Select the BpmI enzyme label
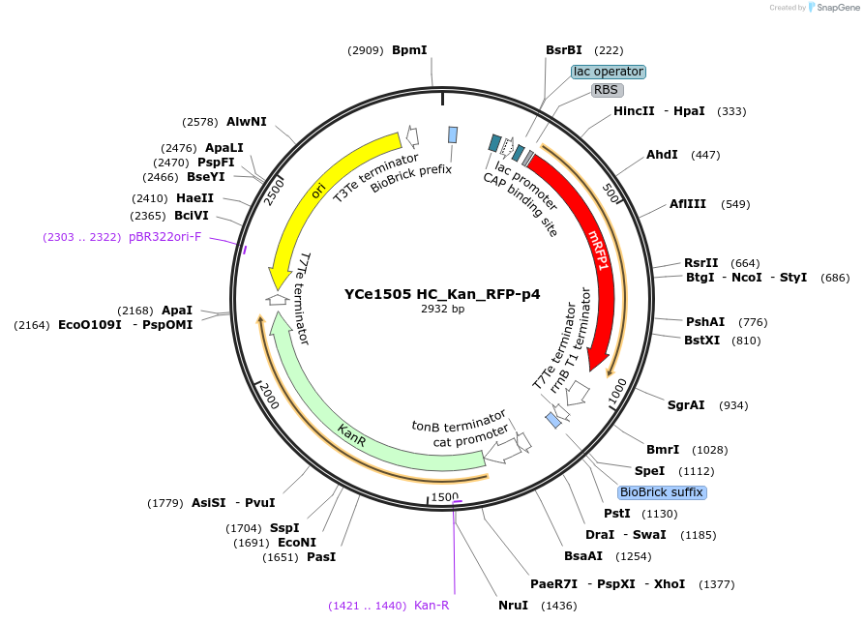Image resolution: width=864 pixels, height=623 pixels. pyautogui.click(x=409, y=49)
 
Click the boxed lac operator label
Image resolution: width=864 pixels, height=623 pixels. pyautogui.click(x=609, y=72)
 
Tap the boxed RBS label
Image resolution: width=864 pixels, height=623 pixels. pyautogui.click(x=606, y=90)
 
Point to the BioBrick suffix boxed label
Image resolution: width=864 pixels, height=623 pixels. pyautogui.click(x=663, y=492)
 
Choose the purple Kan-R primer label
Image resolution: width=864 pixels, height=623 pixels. pyautogui.click(x=431, y=606)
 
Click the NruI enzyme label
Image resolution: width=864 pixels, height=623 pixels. pyautogui.click(x=513, y=606)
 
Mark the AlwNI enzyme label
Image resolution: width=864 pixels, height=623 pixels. pyautogui.click(x=247, y=122)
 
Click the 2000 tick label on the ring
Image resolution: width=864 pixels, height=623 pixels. pyautogui.click(x=268, y=396)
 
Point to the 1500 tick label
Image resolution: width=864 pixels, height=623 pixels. pyautogui.click(x=445, y=496)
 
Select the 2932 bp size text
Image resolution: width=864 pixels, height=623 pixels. pyautogui.click(x=442, y=310)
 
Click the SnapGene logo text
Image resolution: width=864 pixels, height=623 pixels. pyautogui.click(x=834, y=8)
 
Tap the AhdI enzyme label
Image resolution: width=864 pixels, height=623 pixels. pyautogui.click(x=662, y=155)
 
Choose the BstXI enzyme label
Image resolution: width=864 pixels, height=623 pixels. pyautogui.click(x=701, y=341)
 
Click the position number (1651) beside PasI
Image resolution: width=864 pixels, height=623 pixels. pyautogui.click(x=281, y=557)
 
